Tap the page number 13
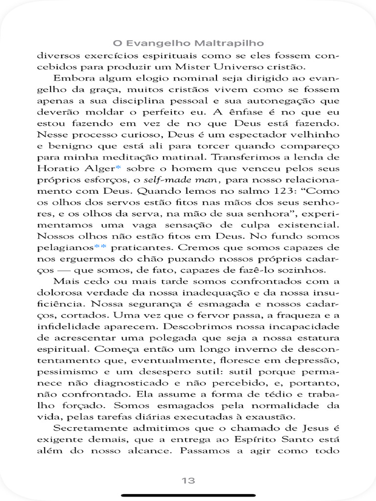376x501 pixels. [188, 480]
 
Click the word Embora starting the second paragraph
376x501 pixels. [72, 78]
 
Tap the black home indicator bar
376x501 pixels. [188, 495]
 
